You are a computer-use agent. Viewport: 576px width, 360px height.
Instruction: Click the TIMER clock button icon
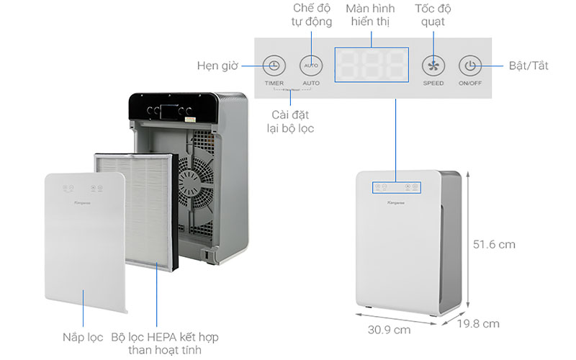pos(274,66)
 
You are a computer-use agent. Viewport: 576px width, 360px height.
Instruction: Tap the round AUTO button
pos(311,66)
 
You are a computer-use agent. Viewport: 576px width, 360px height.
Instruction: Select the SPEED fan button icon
pos(433,66)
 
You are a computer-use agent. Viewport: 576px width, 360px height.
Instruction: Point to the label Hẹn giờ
pos(218,66)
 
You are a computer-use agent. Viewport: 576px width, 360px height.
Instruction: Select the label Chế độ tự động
pos(312,14)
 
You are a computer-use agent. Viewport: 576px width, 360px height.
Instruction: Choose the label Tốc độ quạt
pos(433,14)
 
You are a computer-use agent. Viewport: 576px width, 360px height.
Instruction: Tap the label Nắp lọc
pos(81,337)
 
